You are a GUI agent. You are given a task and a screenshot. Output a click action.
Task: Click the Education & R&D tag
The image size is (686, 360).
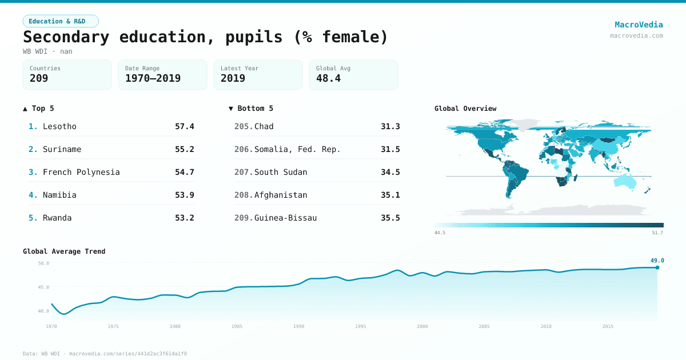[61, 21]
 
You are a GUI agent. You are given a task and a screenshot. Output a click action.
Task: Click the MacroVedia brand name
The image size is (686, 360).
[639, 25]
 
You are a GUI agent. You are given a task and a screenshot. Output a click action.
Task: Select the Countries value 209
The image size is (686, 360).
[39, 78]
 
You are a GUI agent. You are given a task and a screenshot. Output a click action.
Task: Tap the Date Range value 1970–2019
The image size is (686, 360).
[153, 78]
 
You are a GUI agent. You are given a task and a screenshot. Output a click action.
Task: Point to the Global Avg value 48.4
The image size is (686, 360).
[328, 78]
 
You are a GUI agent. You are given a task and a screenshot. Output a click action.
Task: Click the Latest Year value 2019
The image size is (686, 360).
[233, 78]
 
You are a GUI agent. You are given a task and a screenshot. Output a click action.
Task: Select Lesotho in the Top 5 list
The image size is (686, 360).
[59, 126]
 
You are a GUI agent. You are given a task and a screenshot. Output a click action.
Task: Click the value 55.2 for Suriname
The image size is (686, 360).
[184, 149]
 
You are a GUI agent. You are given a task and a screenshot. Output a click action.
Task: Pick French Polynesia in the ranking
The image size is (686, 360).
[81, 172]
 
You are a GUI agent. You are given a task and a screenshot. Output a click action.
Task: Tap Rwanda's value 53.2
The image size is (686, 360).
[184, 218]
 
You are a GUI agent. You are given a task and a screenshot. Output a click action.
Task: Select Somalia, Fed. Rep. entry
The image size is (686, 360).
[297, 149]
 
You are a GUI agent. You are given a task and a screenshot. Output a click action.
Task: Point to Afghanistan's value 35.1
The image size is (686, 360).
[390, 195]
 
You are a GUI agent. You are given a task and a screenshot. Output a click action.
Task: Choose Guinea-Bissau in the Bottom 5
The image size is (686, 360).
[285, 218]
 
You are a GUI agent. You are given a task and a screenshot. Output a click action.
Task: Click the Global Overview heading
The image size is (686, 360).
[465, 109]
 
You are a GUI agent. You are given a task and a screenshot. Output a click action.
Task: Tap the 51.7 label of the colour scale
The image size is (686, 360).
[657, 233]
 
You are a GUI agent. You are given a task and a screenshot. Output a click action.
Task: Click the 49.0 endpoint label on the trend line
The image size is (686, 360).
[657, 261]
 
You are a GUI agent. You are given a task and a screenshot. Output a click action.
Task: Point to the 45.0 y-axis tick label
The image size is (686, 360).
[43, 287]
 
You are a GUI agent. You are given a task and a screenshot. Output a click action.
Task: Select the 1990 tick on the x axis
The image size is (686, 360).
[298, 326]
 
